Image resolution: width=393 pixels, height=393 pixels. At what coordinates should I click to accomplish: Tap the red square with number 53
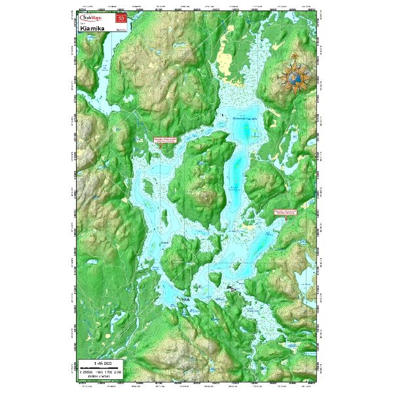[121, 18]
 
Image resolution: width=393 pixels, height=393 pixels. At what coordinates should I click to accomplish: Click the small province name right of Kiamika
[122, 29]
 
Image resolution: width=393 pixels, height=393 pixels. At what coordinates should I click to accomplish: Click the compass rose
[296, 75]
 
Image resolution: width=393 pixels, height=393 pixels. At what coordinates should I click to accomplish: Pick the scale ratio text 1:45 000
[103, 362]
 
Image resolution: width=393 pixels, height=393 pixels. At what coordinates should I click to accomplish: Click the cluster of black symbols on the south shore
[233, 288]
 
